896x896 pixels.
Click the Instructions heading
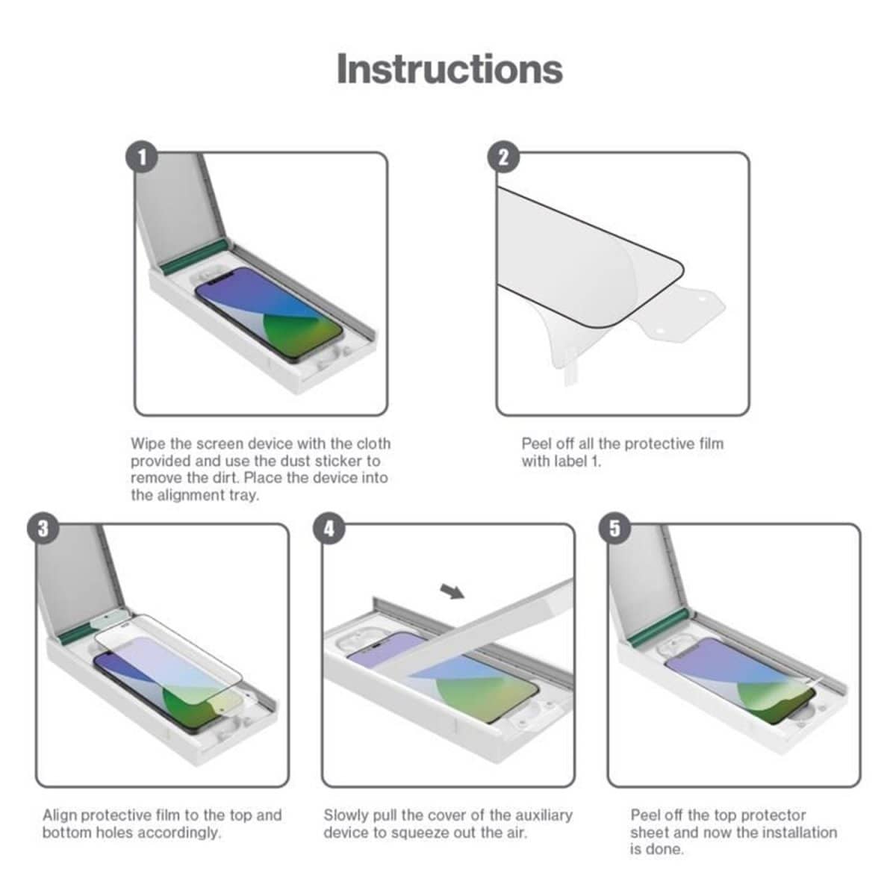click(x=449, y=69)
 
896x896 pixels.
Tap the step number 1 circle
click(x=142, y=157)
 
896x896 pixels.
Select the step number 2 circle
click(x=503, y=157)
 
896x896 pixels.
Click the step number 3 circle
click(x=43, y=528)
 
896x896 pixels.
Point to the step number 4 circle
click(x=329, y=528)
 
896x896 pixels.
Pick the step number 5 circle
click(x=615, y=528)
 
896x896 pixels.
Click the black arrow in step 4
click(x=452, y=592)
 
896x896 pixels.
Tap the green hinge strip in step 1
click(x=193, y=256)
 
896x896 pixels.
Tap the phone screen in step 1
click(x=269, y=312)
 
